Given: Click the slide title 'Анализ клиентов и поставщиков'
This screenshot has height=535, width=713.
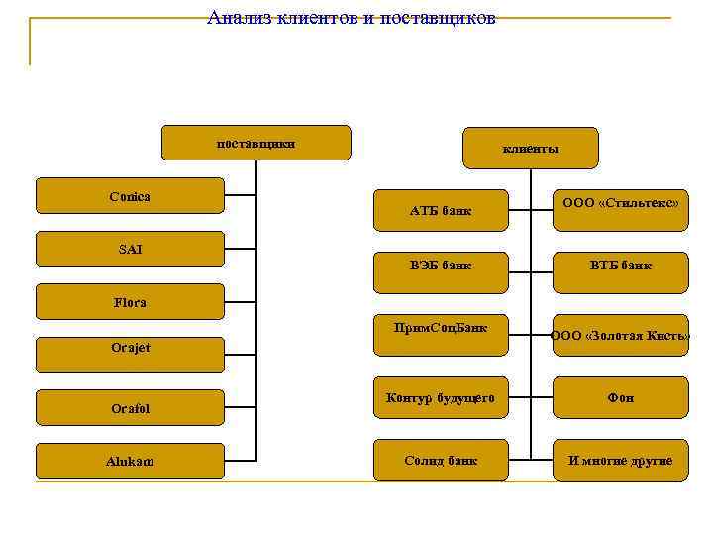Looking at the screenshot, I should click(x=352, y=18).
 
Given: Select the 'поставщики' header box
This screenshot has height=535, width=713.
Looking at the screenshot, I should click(x=255, y=143).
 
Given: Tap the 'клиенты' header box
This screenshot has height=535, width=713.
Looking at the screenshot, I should click(x=531, y=148).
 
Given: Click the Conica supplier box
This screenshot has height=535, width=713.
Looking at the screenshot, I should click(x=130, y=196).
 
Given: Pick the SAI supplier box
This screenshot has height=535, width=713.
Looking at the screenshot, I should click(x=130, y=249).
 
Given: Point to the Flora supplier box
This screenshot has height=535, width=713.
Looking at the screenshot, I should click(x=130, y=302).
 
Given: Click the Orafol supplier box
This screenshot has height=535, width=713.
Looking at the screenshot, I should click(x=130, y=407).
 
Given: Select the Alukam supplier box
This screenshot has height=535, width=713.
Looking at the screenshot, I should click(x=130, y=461).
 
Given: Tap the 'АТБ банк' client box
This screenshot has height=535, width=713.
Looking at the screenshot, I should click(x=441, y=210).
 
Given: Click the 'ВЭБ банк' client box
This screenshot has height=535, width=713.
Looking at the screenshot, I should click(x=441, y=266).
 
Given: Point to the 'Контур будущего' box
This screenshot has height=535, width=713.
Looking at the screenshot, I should click(x=441, y=398).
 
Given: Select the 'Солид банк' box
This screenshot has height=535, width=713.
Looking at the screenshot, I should click(x=441, y=461).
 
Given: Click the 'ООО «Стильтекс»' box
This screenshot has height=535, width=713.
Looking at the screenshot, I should click(x=620, y=203).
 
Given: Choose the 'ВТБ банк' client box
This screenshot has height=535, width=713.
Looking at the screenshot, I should click(x=620, y=266).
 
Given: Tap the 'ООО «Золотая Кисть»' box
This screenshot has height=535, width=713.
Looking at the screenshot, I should click(x=620, y=335).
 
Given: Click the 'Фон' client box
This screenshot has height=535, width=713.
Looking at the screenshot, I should click(x=620, y=398).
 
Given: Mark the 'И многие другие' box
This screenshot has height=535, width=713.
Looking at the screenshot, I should click(x=620, y=461).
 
